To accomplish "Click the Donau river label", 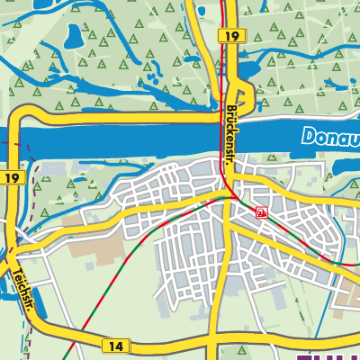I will [330, 138].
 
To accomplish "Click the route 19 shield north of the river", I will [229, 34].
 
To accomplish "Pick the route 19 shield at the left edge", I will [11, 178].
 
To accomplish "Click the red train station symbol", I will [261, 212].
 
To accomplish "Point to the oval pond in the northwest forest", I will [73, 37].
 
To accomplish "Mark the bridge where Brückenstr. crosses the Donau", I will [229, 140].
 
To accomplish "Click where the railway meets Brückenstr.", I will [231, 197].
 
